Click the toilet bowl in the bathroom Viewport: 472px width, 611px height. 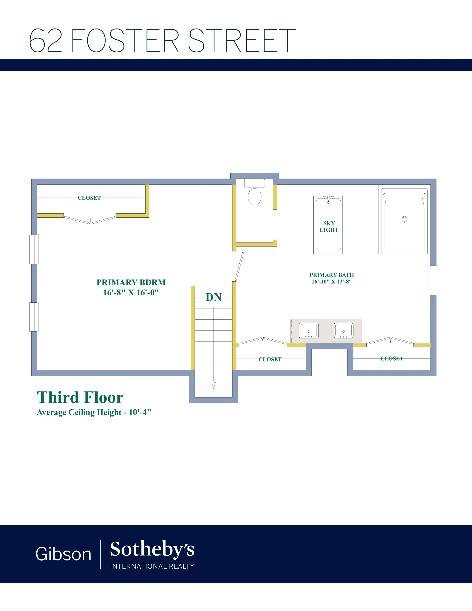point(255,196)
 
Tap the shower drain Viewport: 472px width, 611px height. point(404,219)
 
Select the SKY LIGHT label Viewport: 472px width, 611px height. point(329,226)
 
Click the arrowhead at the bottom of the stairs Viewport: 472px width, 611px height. point(214,385)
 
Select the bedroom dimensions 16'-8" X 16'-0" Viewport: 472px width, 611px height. point(131,292)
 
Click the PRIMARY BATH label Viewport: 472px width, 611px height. point(332,275)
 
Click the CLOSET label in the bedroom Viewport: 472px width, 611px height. point(89,198)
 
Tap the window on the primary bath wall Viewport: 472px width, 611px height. point(433,280)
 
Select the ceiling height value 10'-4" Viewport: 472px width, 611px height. point(140,412)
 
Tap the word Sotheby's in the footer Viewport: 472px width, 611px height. point(152,549)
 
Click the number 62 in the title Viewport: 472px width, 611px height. point(45,41)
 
